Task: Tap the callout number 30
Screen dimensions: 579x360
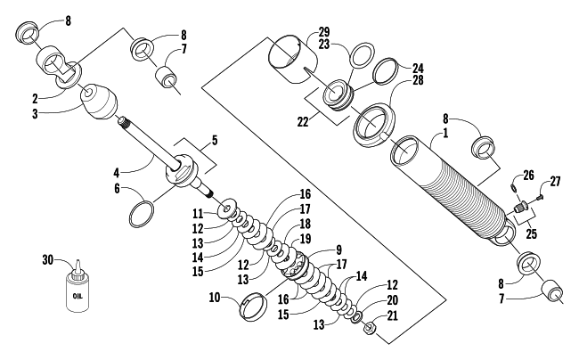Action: pyautogui.click(x=47, y=259)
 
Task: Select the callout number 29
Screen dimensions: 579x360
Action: pyautogui.click(x=324, y=32)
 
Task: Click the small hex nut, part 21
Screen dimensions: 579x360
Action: pyautogui.click(x=370, y=327)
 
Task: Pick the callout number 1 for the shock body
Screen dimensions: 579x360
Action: pyautogui.click(x=445, y=133)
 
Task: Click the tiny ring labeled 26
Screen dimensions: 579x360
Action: pyautogui.click(x=514, y=188)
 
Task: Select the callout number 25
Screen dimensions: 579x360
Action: pyautogui.click(x=531, y=233)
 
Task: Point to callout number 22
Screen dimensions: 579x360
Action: pyautogui.click(x=303, y=122)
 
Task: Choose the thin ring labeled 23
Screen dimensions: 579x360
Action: pyautogui.click(x=362, y=55)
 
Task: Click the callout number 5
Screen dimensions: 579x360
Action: pyautogui.click(x=215, y=141)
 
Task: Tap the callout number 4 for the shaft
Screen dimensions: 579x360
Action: pyautogui.click(x=117, y=173)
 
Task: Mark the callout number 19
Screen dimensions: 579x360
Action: pyautogui.click(x=305, y=239)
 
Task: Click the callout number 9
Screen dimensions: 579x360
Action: pyautogui.click(x=338, y=250)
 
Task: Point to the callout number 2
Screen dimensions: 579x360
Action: pyautogui.click(x=35, y=99)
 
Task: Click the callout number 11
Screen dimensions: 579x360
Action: pyautogui.click(x=198, y=213)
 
